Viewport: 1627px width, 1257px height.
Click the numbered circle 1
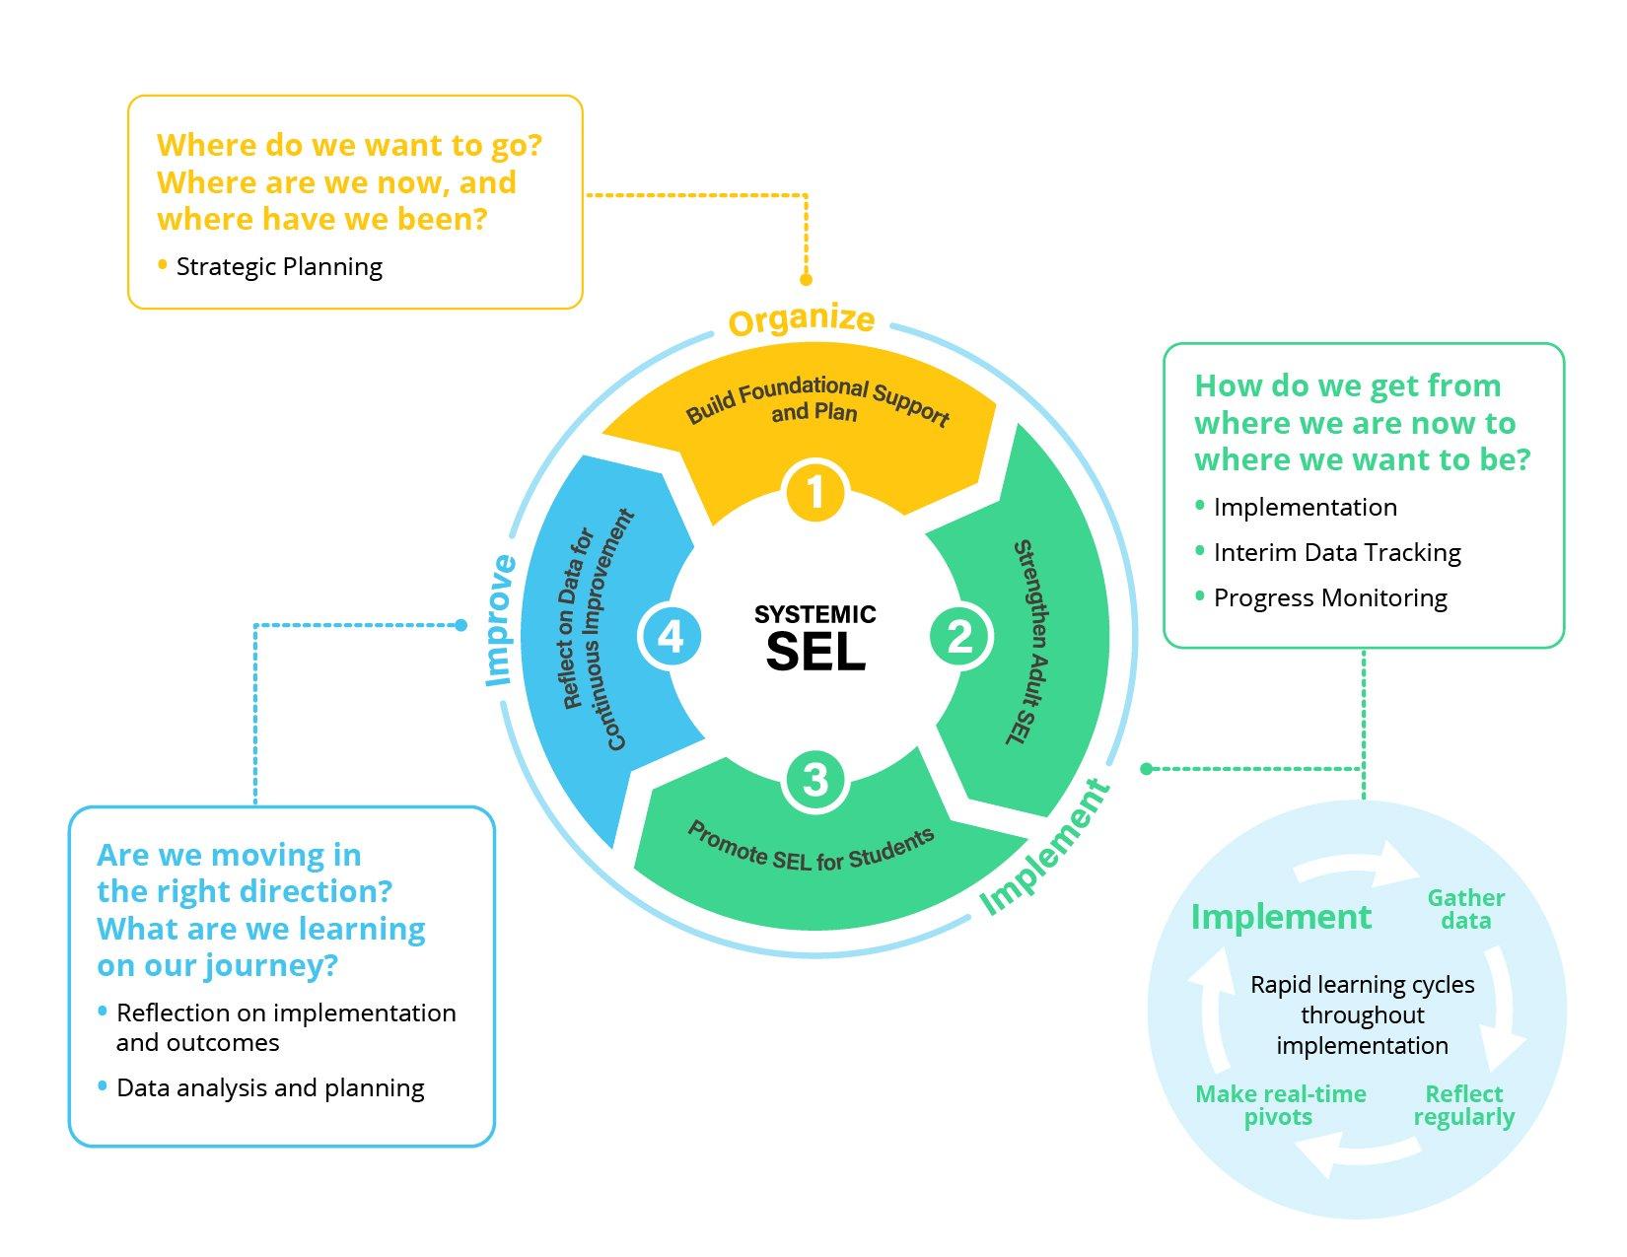(814, 492)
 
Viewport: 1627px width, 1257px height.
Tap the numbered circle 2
(959, 636)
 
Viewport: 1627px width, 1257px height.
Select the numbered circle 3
(814, 780)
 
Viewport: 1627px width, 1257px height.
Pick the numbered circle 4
(671, 636)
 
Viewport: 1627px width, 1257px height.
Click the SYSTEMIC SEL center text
(815, 638)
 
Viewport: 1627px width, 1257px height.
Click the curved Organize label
(801, 320)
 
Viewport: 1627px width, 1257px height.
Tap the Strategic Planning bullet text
(279, 267)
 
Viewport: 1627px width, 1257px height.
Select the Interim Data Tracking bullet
(1336, 553)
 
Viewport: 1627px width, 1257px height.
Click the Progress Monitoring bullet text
(1329, 598)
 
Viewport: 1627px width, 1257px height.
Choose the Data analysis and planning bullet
(270, 1088)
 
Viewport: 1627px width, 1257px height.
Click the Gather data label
(1465, 909)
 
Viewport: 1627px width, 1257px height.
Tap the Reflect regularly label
(1463, 1105)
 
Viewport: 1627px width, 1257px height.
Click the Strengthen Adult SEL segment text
(1026, 642)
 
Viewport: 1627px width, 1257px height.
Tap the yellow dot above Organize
(806, 280)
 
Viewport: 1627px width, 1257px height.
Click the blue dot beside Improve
(460, 625)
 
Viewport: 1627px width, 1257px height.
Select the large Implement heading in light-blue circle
(1280, 917)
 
